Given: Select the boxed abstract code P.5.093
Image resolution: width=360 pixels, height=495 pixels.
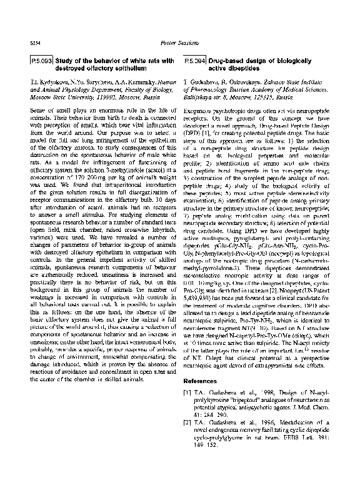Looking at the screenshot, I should pos(41,61).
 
